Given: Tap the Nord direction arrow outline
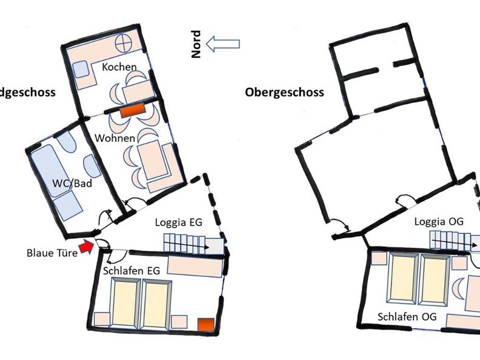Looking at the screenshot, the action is [x=223, y=44].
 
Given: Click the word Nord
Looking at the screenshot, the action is [x=196, y=44].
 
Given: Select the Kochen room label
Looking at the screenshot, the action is [x=119, y=67].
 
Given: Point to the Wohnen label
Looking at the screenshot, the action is [x=115, y=138].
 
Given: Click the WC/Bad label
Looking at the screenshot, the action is [x=72, y=183].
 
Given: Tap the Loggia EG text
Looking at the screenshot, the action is [x=178, y=222].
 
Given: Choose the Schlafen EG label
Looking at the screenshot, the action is [x=132, y=271].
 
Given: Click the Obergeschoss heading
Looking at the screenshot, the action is [x=284, y=92].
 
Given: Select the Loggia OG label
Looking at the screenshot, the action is [x=439, y=221].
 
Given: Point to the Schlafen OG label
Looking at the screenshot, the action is [x=407, y=316].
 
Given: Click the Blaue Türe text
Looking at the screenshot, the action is [x=52, y=253].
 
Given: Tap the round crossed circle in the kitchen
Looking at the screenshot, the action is [x=124, y=44].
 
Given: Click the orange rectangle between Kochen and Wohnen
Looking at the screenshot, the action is [x=133, y=110].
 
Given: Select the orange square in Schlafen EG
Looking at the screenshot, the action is [x=206, y=325].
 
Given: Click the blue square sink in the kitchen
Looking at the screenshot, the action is [x=81, y=69].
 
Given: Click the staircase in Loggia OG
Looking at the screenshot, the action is [x=455, y=241].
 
